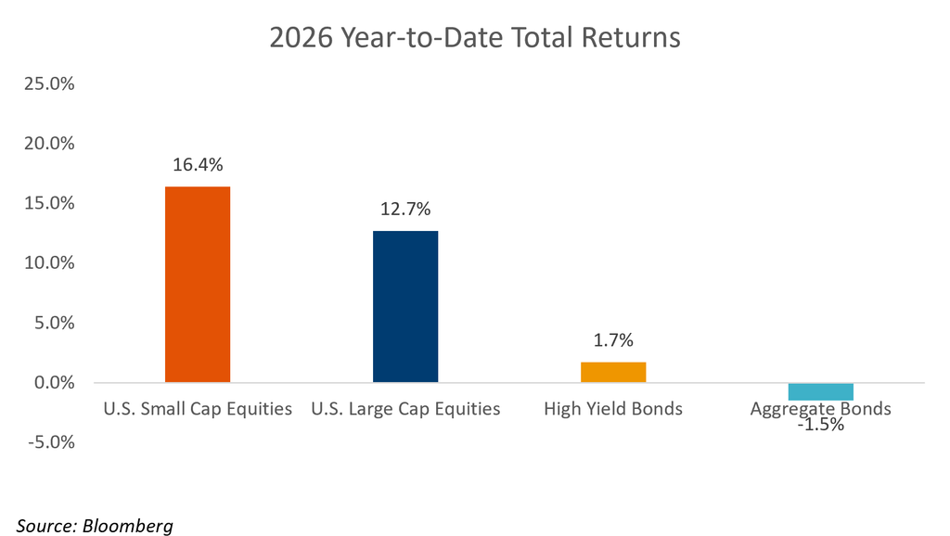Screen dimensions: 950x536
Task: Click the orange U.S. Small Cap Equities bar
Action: click(x=198, y=284)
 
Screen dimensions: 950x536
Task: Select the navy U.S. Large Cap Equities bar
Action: click(x=405, y=306)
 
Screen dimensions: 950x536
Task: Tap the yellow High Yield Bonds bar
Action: click(x=613, y=372)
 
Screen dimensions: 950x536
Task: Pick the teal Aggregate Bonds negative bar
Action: click(x=821, y=391)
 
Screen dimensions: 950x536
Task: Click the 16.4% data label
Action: click(x=198, y=165)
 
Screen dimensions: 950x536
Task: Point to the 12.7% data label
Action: click(x=405, y=209)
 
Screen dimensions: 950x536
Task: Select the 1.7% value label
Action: click(x=613, y=340)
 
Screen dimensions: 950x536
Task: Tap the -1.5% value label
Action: click(x=821, y=425)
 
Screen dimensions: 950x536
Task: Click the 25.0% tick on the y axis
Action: click(x=49, y=83)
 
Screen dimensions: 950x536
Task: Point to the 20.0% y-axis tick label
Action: click(x=49, y=144)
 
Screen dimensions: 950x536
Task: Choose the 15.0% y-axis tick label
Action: click(x=49, y=203)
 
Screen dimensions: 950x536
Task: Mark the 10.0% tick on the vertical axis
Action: click(x=49, y=262)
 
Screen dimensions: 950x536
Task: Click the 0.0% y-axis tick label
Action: click(x=54, y=383)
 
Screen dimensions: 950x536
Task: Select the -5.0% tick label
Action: click(x=51, y=442)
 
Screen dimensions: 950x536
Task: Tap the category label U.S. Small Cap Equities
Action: click(x=198, y=410)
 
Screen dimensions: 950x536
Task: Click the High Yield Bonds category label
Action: click(x=613, y=409)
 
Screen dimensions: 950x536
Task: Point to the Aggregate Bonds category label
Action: click(x=821, y=410)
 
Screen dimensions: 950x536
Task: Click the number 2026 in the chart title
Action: click(x=302, y=37)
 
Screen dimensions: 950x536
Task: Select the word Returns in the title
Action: click(x=631, y=37)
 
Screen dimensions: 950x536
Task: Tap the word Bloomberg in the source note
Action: click(x=128, y=527)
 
